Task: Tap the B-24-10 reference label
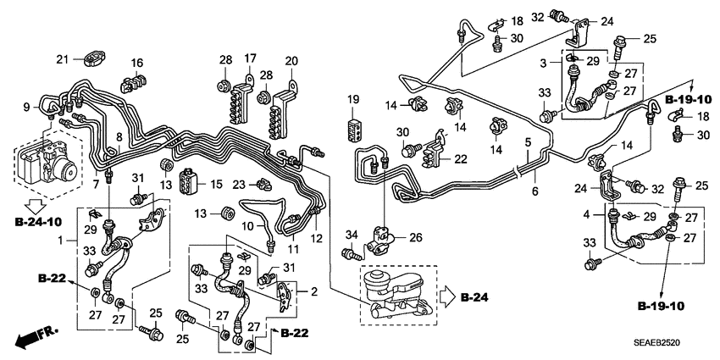point(36,222)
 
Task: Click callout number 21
point(61,58)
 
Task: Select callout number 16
point(136,62)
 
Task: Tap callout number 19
point(353,100)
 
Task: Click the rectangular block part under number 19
point(354,128)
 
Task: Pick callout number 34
point(350,234)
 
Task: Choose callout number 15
point(216,184)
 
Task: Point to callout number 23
point(239,183)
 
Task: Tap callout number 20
point(291,60)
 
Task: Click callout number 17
point(251,58)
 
